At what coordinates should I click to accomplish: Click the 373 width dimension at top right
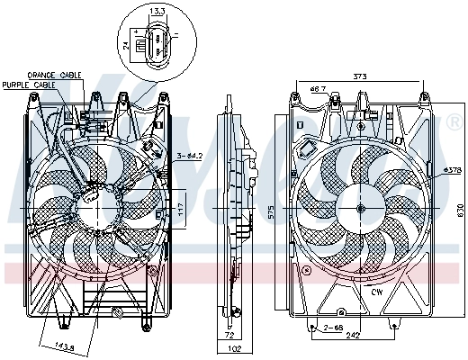(360, 76)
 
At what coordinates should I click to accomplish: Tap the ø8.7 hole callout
(317, 88)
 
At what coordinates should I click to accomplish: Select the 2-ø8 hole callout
(333, 328)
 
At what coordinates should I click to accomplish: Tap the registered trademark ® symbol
(453, 120)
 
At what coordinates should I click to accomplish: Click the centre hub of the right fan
(360, 209)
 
